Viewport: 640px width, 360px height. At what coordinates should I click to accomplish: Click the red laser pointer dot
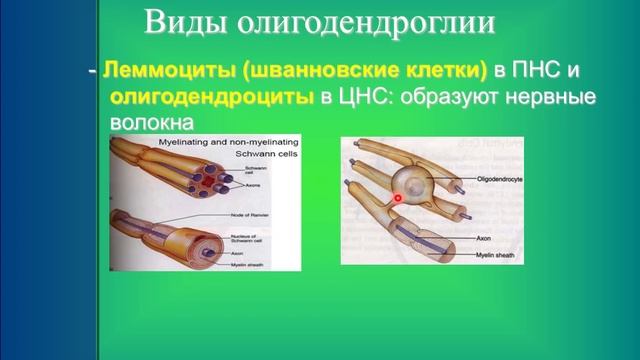coord(398,198)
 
